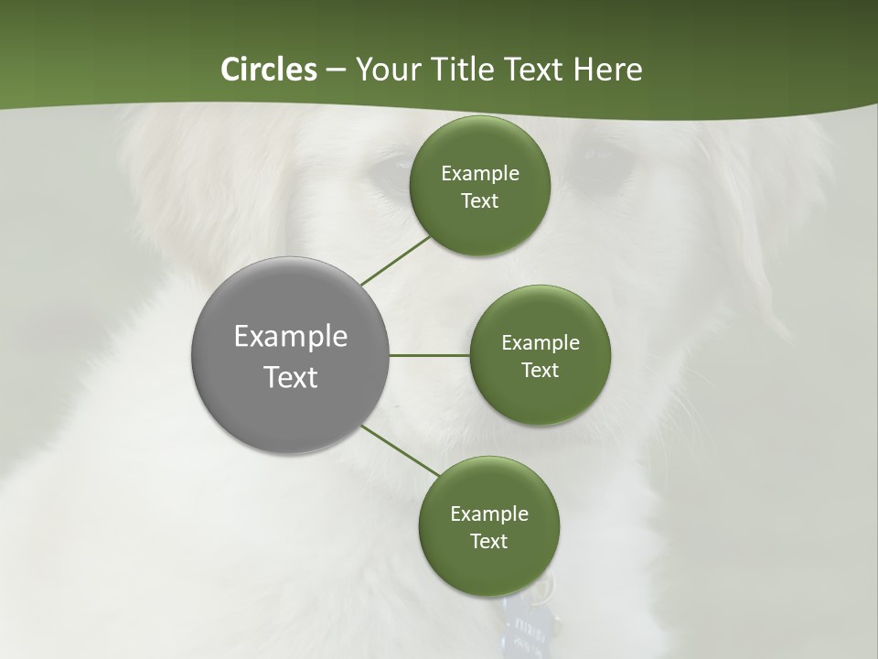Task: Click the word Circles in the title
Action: point(268,70)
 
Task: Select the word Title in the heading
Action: point(461,70)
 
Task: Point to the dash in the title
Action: point(336,70)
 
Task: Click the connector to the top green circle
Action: point(396,261)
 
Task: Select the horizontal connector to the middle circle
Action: point(429,355)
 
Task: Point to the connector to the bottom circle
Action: point(400,451)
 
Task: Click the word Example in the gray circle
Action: point(291,337)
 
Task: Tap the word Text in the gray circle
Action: point(291,377)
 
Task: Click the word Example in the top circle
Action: point(479,174)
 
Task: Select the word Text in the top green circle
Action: point(479,201)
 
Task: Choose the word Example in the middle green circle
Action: point(540,343)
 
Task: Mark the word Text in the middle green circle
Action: point(540,371)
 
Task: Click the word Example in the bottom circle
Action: point(488,514)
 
